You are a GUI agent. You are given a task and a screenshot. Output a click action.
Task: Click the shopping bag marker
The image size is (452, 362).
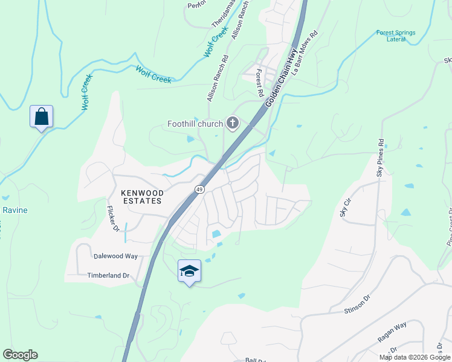(41, 116)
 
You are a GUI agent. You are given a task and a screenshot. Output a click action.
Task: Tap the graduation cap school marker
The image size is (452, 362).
(189, 271)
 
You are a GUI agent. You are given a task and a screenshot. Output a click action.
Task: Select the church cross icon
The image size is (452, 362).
(232, 124)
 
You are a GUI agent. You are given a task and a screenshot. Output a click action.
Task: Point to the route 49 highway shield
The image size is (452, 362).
(199, 189)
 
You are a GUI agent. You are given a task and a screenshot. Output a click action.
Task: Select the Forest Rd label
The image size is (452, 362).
(259, 83)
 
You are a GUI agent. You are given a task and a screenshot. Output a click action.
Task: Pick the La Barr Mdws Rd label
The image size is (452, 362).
(305, 54)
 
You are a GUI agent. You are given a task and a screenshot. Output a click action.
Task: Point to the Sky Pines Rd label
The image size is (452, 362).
(380, 158)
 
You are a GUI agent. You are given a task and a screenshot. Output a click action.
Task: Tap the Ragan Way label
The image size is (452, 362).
(392, 332)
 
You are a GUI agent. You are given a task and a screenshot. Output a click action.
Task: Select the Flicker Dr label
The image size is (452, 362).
(112, 218)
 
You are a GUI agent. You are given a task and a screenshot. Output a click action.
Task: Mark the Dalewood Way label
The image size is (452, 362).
(115, 256)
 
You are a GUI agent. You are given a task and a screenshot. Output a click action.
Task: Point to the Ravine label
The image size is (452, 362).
(15, 210)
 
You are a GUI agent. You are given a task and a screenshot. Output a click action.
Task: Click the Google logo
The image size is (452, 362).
(20, 355)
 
